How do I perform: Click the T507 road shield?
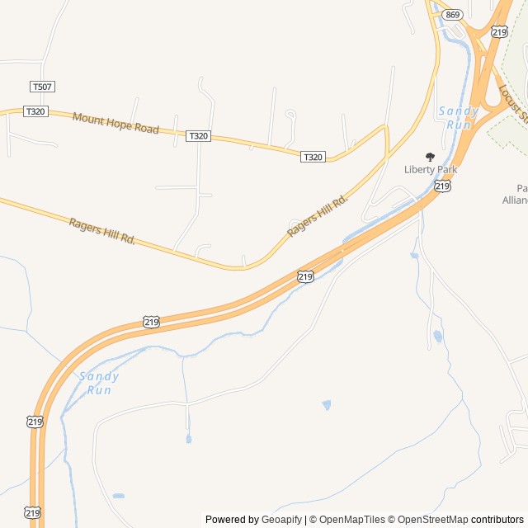tap(42, 87)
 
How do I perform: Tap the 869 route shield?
tap(451, 15)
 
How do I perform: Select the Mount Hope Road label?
tap(115, 124)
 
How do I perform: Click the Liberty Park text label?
tap(430, 170)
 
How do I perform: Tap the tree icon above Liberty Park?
tap(429, 157)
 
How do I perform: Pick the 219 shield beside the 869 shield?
tap(498, 31)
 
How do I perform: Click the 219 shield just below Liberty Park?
tap(443, 186)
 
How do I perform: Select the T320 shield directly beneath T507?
tap(35, 111)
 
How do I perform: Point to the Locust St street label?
tap(511, 104)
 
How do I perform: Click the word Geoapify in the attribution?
tap(282, 520)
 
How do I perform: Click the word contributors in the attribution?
tap(497, 520)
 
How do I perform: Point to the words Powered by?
tap(232, 520)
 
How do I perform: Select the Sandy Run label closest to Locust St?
tap(459, 117)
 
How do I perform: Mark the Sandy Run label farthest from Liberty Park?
tap(100, 383)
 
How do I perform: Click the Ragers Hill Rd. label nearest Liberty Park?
tap(318, 216)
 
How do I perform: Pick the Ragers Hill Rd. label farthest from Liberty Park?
tap(101, 230)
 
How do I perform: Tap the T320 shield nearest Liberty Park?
tap(313, 157)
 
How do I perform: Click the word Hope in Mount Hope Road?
tap(124, 125)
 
